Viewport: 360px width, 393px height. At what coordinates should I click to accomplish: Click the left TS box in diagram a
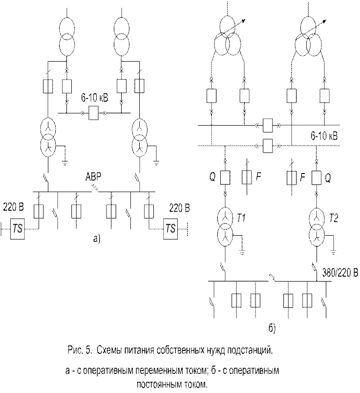[18, 229]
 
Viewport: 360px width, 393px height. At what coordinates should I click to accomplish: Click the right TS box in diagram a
[170, 229]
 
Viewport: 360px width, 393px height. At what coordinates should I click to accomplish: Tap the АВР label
[93, 177]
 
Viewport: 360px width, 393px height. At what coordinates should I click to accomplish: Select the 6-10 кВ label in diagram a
[94, 98]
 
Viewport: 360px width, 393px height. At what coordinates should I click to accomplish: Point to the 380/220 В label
[340, 273]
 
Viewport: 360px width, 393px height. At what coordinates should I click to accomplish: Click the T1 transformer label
[241, 218]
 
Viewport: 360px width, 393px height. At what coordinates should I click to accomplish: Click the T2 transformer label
[333, 218]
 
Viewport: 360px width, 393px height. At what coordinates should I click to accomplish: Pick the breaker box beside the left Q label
[225, 178]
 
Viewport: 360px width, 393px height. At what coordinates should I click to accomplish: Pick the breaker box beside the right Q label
[317, 178]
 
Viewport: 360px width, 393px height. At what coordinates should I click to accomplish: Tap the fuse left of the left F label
[247, 177]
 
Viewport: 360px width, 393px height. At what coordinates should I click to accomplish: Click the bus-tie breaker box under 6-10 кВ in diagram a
[93, 113]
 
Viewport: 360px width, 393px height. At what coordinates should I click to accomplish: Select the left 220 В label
[14, 208]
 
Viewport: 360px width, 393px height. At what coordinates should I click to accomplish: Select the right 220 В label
[179, 208]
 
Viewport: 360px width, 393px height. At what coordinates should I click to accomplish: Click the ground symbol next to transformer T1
[242, 253]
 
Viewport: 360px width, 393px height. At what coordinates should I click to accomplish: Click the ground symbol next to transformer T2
[333, 253]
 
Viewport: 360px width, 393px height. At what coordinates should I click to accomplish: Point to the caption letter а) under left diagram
[97, 238]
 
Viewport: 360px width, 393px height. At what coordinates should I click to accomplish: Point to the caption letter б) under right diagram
[272, 328]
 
